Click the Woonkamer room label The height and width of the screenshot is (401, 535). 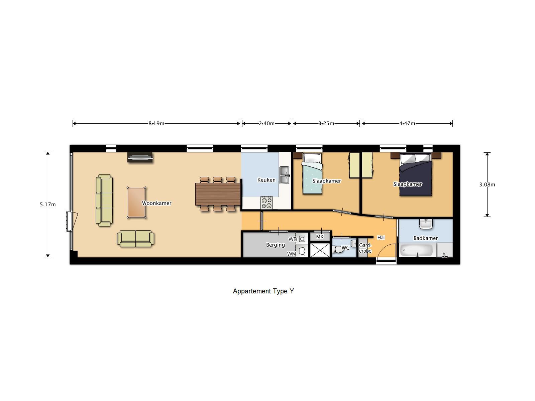click(156, 203)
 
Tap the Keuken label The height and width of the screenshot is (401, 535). click(266, 180)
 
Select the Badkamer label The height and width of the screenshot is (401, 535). click(426, 238)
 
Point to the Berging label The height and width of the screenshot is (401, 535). click(276, 245)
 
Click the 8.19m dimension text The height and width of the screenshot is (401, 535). click(156, 123)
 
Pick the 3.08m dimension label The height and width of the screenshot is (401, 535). click(487, 184)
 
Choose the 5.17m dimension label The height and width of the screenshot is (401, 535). click(48, 205)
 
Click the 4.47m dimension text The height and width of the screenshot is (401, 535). click(407, 123)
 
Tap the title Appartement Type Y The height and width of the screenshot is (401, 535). click(263, 291)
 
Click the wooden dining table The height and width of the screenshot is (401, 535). click(218, 194)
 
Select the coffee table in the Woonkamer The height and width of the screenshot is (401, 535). click(136, 203)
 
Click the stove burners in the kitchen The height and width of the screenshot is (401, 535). click(267, 203)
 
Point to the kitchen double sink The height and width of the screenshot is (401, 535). click(285, 175)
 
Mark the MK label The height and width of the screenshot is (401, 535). click(320, 237)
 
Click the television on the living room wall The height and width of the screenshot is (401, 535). click(140, 157)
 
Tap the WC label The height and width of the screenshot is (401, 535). click(345, 248)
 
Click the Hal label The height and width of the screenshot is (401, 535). click(381, 238)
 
